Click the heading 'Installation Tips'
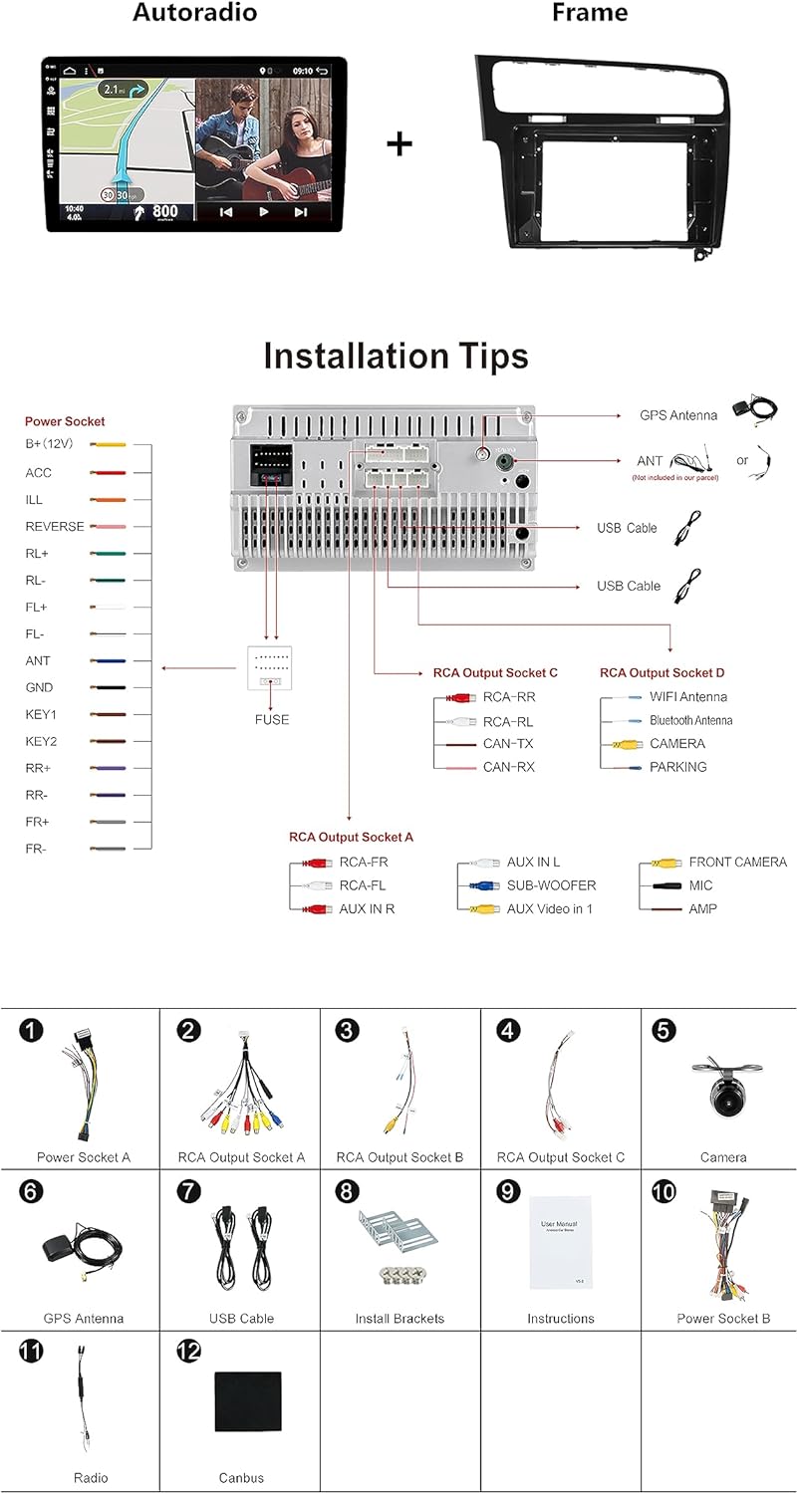pyautogui.click(x=396, y=357)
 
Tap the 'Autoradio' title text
pyautogui.click(x=194, y=13)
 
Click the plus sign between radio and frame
pyautogui.click(x=399, y=143)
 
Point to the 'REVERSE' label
pyautogui.click(x=55, y=526)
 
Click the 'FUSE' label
pyautogui.click(x=271, y=719)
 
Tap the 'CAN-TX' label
pyautogui.click(x=507, y=744)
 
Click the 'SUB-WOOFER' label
pyautogui.click(x=551, y=885)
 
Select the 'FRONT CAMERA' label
pyautogui.click(x=737, y=863)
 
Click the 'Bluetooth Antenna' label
pyautogui.click(x=690, y=720)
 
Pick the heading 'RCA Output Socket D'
pyautogui.click(x=662, y=673)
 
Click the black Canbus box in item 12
pyautogui.click(x=247, y=1401)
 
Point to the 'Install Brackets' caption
pyautogui.click(x=399, y=1319)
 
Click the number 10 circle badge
pyautogui.click(x=665, y=1191)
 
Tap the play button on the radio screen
pyautogui.click(x=263, y=211)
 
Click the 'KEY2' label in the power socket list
pyautogui.click(x=41, y=742)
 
